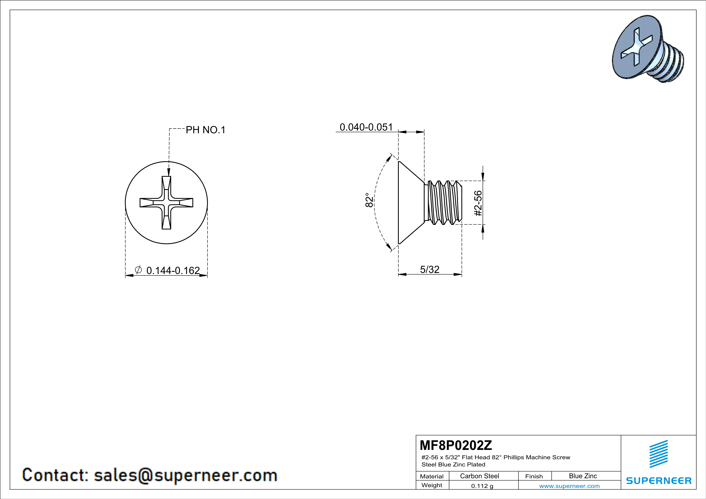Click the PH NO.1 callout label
[205, 130]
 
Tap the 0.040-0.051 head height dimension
[366, 127]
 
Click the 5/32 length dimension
[430, 269]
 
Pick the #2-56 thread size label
[478, 203]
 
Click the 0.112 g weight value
[482, 486]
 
